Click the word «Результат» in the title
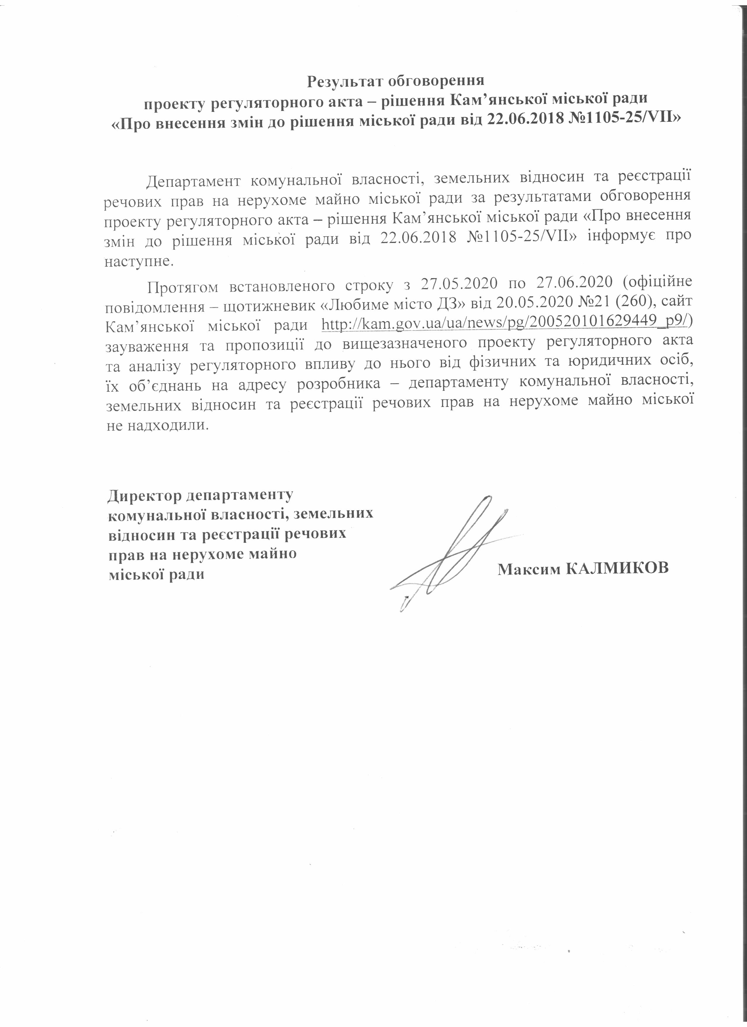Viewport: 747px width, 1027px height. [343, 81]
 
